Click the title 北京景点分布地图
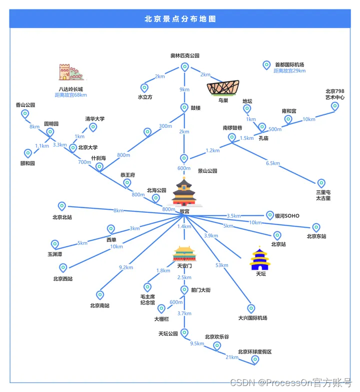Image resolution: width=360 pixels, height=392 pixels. point(180,19)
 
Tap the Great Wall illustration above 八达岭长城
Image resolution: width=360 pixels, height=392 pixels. point(70,72)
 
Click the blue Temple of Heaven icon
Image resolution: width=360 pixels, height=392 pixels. point(260,259)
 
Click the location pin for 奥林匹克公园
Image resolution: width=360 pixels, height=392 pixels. point(184,67)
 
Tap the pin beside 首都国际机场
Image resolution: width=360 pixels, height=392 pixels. point(266,65)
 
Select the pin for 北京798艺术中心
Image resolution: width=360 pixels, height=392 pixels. point(335,106)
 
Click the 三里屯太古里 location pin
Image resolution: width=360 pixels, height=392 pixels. point(321,183)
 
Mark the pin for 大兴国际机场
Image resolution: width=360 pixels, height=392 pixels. point(251,309)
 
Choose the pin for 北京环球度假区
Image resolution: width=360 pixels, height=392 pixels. point(255,360)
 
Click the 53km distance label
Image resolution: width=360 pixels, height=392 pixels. point(221,265)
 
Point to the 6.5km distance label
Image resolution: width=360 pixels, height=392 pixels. point(273,163)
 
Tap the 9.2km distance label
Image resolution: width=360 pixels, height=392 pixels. point(126,268)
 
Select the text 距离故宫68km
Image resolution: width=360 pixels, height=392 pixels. point(70,95)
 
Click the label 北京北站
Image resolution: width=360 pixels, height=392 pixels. point(62,217)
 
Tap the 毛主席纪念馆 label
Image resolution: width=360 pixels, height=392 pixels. point(147,299)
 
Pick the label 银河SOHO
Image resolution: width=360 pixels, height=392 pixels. point(287,216)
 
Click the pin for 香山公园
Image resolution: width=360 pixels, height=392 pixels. point(25,114)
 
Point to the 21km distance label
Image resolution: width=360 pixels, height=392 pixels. point(232,357)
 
